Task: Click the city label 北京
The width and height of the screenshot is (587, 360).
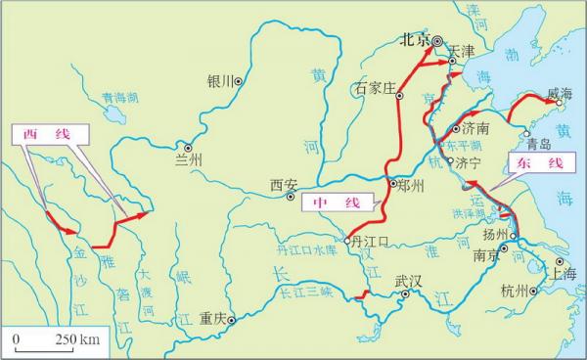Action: [x=415, y=41]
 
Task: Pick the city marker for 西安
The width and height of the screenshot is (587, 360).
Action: [x=290, y=196]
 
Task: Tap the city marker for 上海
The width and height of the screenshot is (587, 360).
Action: [x=559, y=262]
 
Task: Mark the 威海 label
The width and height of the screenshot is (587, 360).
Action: [x=560, y=94]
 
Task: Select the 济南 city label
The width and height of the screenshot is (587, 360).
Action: [x=476, y=128]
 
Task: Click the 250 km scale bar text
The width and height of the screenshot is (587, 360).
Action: [x=74, y=339]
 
